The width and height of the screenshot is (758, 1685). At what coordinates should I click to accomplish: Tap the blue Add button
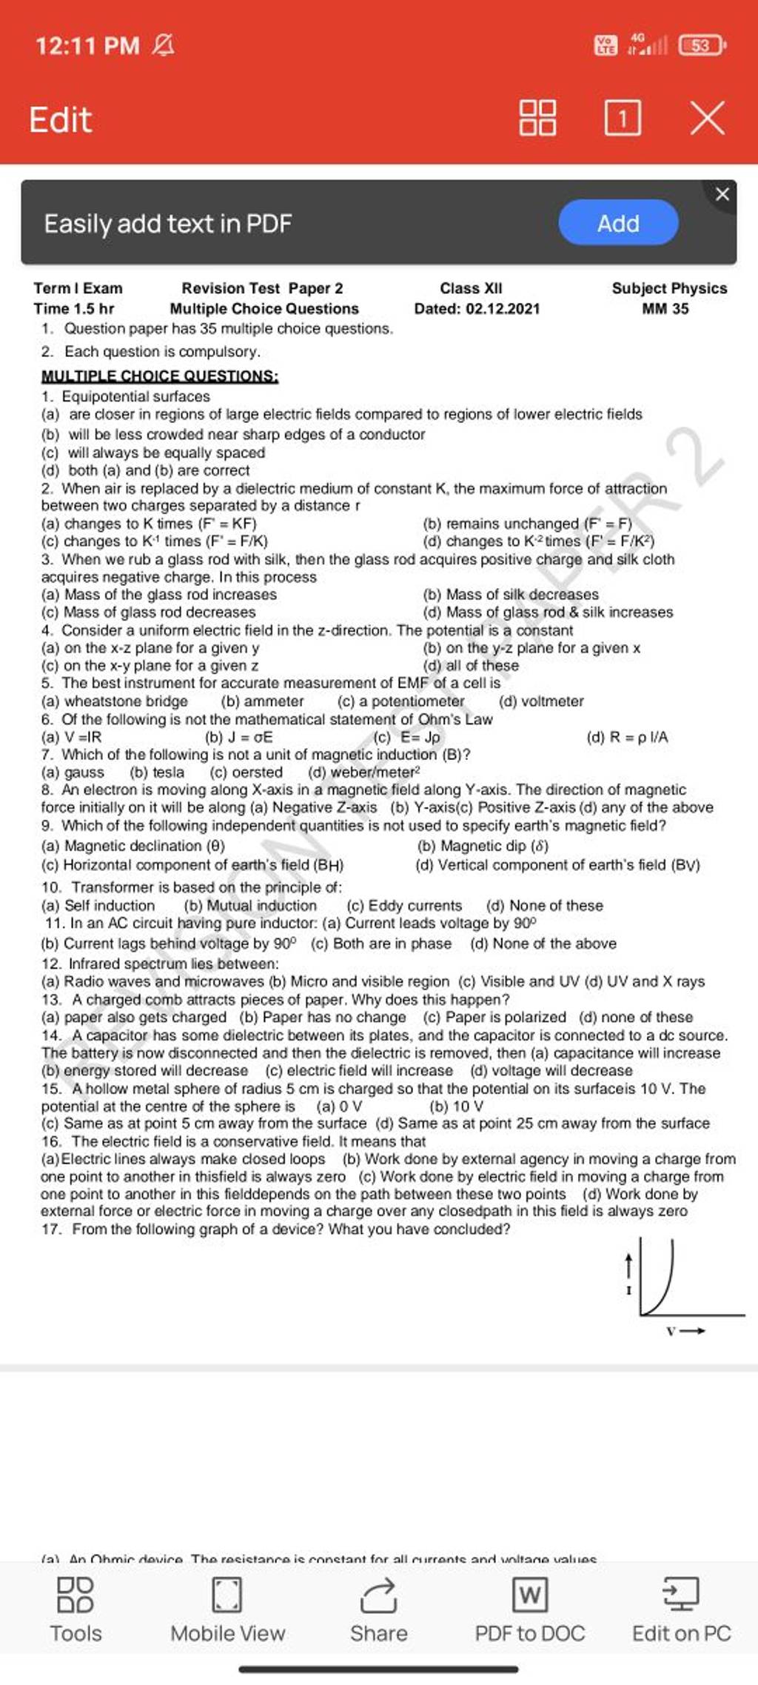pos(618,223)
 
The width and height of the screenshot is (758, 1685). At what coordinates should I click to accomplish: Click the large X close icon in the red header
pos(707,119)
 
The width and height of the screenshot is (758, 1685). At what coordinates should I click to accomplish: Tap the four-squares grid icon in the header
pos(538,119)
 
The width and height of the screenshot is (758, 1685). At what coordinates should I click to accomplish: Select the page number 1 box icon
pos(623,119)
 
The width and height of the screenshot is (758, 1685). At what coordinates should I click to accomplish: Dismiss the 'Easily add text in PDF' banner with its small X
pos(722,195)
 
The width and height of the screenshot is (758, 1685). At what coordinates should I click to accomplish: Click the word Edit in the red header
pos(61,119)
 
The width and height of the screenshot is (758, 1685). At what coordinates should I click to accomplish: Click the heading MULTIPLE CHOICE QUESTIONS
pos(160,376)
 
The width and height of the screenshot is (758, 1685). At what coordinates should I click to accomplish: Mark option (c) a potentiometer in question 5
pos(401,701)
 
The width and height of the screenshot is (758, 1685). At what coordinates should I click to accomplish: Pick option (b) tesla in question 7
pos(157,773)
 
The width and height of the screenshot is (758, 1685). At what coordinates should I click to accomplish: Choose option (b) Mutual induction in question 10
pos(250,905)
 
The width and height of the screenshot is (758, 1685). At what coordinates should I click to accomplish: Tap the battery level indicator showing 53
pos(701,46)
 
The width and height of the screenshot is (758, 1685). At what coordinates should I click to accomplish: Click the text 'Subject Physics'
pos(669,288)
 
